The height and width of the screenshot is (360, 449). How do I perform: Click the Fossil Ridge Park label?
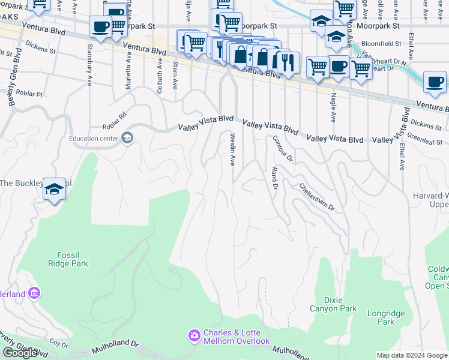pyautogui.click(x=68, y=259)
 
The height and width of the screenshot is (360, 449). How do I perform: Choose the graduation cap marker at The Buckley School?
pyautogui.click(x=54, y=190)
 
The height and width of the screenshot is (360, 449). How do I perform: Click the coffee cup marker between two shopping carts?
pyautogui.click(x=339, y=65)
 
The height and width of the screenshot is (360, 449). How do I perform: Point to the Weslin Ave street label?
pyautogui.click(x=232, y=150)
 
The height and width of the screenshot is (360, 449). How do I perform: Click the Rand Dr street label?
pyautogui.click(x=275, y=179)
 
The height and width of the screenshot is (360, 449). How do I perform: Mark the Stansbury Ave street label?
pyautogui.click(x=90, y=58)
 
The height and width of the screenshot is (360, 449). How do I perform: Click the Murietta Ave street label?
pyautogui.click(x=128, y=70)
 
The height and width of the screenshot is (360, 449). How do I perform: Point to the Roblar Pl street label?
pyautogui.click(x=30, y=95)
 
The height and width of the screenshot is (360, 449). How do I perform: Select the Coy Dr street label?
pyautogui.click(x=59, y=344)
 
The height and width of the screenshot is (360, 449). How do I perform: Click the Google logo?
pyautogui.click(x=20, y=353)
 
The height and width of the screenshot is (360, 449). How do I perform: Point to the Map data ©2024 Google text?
pyautogui.click(x=411, y=355)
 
